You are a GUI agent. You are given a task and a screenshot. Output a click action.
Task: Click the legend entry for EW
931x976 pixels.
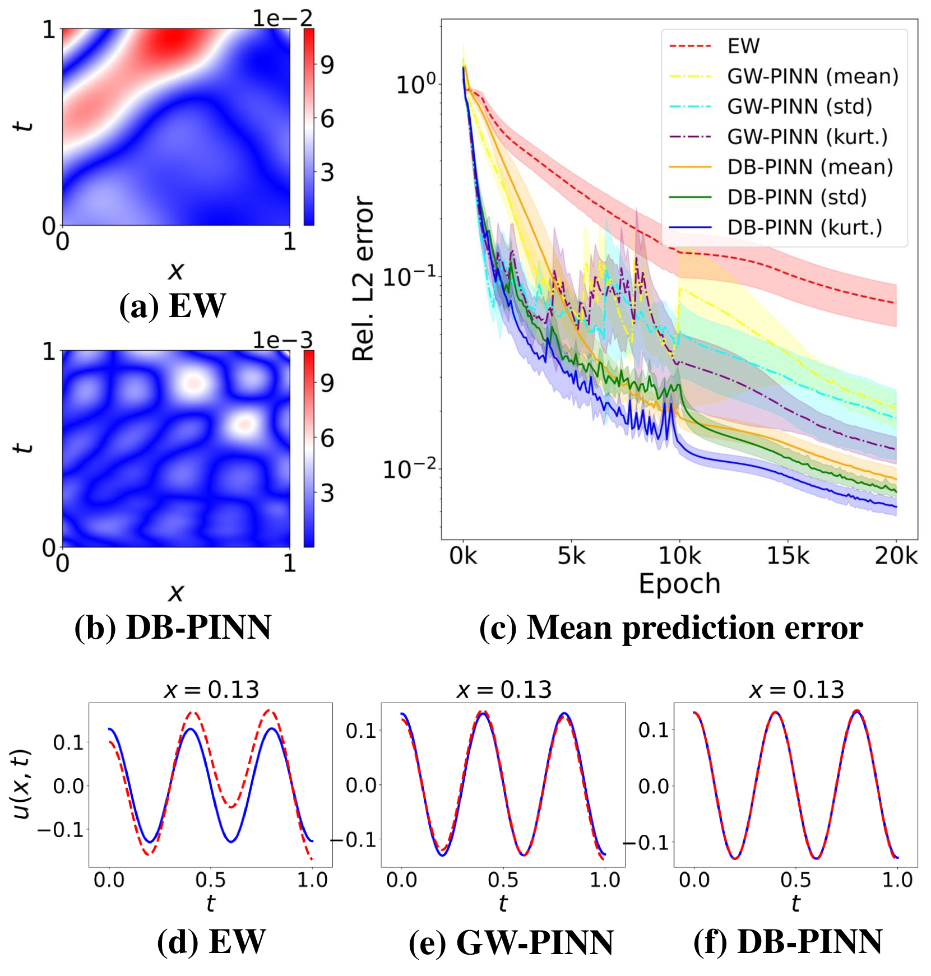pyautogui.click(x=743, y=46)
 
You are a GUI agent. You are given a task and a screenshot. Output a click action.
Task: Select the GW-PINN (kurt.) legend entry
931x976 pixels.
pyautogui.click(x=807, y=137)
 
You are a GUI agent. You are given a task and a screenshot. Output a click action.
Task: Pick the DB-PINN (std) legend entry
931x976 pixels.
pyautogui.click(x=796, y=197)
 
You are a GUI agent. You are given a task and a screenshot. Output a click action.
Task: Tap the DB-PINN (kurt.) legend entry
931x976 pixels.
pyautogui.click(x=804, y=227)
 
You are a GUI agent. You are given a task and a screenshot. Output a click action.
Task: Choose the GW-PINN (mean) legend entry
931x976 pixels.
pyautogui.click(x=812, y=76)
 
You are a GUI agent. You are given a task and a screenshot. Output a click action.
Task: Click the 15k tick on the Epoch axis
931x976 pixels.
pyautogui.click(x=788, y=556)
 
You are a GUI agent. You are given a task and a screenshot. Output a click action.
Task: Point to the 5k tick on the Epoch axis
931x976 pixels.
pyautogui.click(x=571, y=556)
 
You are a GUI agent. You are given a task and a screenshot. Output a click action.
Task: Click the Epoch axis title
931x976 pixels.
pyautogui.click(x=679, y=584)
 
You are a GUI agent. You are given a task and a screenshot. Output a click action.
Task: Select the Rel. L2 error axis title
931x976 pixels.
pyautogui.click(x=363, y=278)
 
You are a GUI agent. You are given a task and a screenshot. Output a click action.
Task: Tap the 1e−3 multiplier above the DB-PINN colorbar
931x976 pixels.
pyautogui.click(x=282, y=340)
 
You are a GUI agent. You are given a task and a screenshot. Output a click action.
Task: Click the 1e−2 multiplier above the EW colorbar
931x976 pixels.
pyautogui.click(x=282, y=18)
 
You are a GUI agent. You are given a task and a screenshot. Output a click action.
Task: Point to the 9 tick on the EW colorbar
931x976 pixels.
pyautogui.click(x=327, y=66)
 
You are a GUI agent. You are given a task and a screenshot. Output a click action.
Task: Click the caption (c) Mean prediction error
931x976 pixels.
pyautogui.click(x=671, y=628)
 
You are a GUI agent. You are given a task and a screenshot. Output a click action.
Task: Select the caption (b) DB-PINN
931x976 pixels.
pyautogui.click(x=173, y=628)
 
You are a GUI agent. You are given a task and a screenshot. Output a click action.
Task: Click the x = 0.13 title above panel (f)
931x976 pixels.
pyautogui.click(x=796, y=690)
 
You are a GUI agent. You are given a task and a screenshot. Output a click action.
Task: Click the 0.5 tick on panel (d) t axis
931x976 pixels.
pyautogui.click(x=211, y=880)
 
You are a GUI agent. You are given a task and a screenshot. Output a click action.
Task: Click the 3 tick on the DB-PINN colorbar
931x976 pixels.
pyautogui.click(x=327, y=494)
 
